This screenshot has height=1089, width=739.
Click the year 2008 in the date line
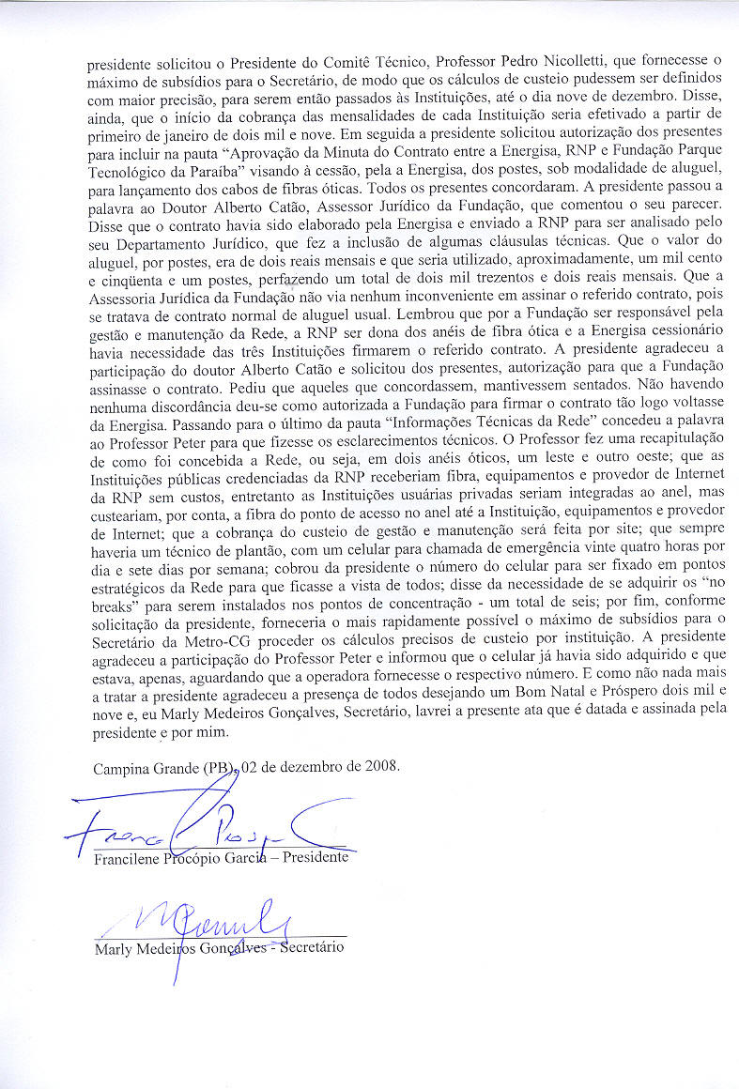[x=380, y=765]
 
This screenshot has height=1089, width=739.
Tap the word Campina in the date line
[x=121, y=766]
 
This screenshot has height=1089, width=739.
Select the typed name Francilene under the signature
[x=131, y=857]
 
